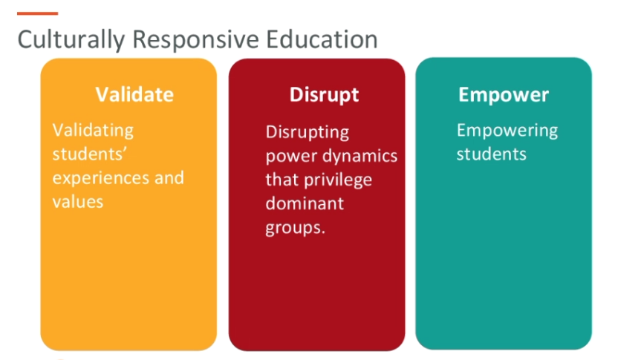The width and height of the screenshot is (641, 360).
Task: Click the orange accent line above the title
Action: point(37,13)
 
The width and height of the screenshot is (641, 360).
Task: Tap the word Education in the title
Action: point(312,39)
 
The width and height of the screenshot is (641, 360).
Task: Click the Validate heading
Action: point(134,95)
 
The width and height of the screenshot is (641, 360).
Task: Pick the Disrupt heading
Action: point(324,95)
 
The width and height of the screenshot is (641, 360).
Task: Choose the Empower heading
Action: point(504,95)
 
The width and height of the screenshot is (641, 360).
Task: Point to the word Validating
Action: point(93,131)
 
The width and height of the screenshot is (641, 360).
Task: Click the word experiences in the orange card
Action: point(97,178)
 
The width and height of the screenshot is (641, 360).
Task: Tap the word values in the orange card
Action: point(77,201)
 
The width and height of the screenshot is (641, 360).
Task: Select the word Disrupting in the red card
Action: point(308,133)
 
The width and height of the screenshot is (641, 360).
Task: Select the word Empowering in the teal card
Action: point(507,131)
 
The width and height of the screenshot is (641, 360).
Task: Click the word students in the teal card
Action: point(491,154)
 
